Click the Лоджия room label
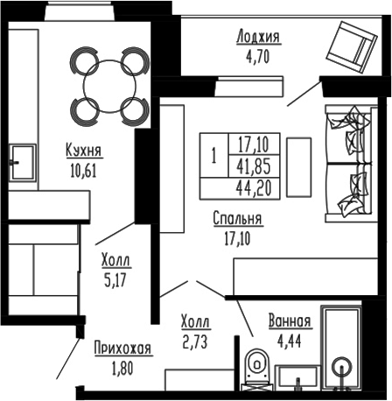(258, 36)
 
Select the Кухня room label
(83, 150)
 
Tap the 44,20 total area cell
(252, 186)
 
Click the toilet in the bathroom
(256, 369)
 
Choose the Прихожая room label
(122, 348)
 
